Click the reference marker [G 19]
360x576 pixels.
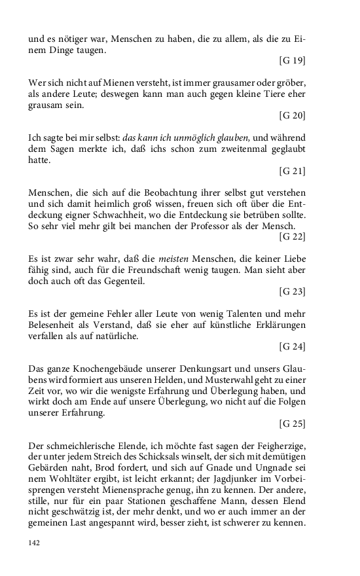point(292,61)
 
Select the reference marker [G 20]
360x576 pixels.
point(292,116)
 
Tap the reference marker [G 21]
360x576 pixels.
point(292,171)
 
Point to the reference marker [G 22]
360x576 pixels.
point(292,235)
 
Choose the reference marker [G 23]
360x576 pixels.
point(292,290)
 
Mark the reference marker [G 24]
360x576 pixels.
point(292,346)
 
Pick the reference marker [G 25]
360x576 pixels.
point(292,423)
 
